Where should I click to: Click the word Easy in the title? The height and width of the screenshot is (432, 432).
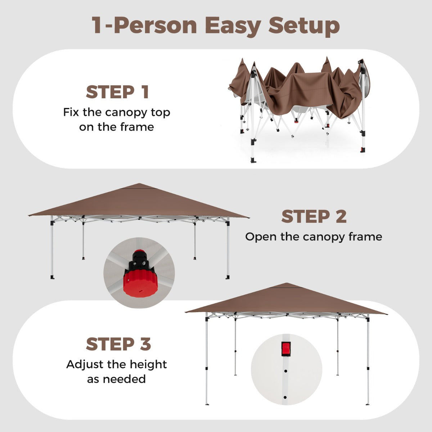click(233, 26)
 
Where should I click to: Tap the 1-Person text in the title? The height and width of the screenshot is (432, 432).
click(144, 25)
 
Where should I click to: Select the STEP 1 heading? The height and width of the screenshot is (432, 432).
click(117, 92)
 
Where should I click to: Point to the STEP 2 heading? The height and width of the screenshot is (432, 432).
click(314, 217)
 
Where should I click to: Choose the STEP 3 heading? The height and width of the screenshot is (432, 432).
click(118, 344)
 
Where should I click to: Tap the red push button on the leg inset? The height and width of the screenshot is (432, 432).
click(286, 349)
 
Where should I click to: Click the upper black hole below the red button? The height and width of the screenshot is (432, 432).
click(285, 371)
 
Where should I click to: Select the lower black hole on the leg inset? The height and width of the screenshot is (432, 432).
click(285, 397)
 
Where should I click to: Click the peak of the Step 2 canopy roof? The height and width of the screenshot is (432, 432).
click(139, 184)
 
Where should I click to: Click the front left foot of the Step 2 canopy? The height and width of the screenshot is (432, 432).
click(53, 277)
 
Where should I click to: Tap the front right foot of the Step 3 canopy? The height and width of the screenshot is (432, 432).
click(368, 404)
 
